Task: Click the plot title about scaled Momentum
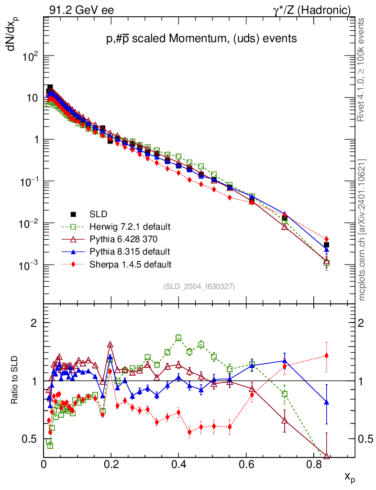[201, 38]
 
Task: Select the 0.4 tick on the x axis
[178, 464]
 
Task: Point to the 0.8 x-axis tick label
[313, 464]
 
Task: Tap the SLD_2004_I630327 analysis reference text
[199, 287]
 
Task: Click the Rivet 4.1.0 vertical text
[362, 69]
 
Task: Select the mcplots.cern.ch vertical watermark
[362, 230]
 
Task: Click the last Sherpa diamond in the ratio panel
[327, 356]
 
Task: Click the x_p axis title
[349, 477]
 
